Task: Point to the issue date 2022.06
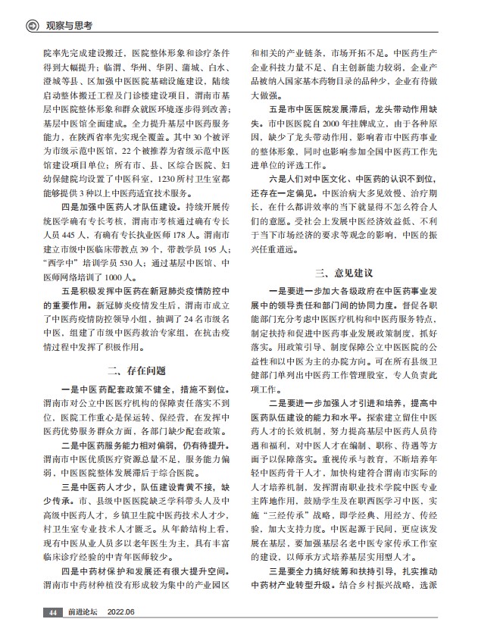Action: coord(121,611)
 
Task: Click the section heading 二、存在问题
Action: coord(135,371)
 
